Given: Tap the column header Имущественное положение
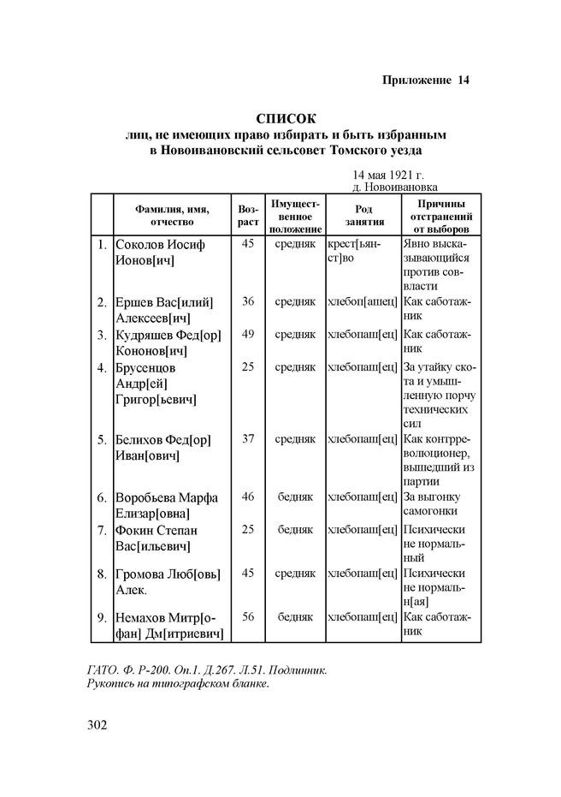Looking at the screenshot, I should click(x=296, y=215).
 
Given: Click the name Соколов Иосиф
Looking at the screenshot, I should click(x=159, y=245).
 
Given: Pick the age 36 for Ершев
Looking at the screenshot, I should click(x=248, y=301).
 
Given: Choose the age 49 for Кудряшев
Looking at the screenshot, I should click(x=248, y=334).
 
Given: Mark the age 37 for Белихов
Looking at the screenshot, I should click(x=248, y=439).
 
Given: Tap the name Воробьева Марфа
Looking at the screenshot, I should click(x=167, y=497).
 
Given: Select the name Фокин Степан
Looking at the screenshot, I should click(x=156, y=531).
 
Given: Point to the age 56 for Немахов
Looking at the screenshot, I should click(x=248, y=616).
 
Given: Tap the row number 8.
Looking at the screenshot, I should click(x=101, y=574).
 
